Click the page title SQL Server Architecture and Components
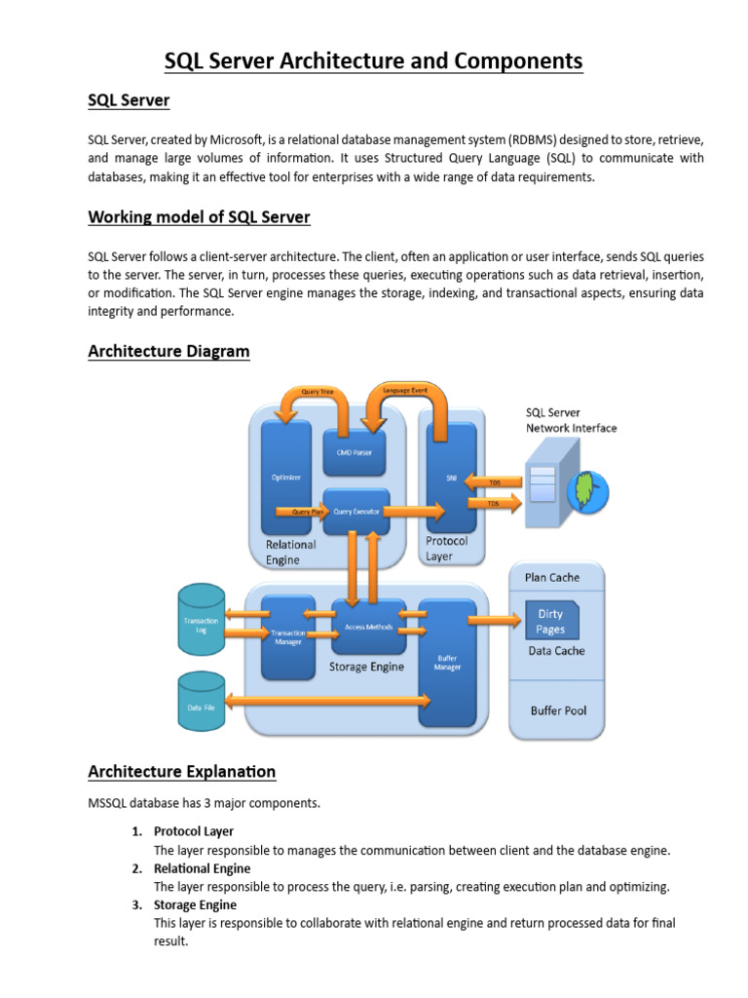373,61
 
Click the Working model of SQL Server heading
199,216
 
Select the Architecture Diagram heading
168,351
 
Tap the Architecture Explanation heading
181,772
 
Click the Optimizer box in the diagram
285,478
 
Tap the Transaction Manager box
287,636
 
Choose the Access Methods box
368,627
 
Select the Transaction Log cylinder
202,621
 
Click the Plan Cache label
552,577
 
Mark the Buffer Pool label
558,710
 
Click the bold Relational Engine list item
202,868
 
